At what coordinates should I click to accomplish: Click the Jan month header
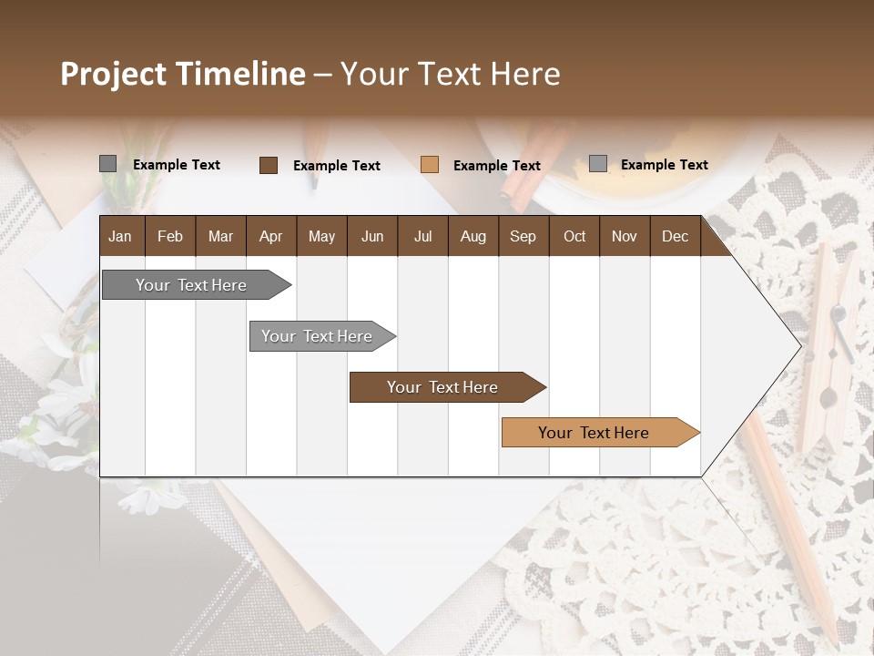click(x=121, y=237)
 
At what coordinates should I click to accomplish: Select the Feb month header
click(x=170, y=237)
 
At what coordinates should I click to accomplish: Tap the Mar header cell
click(x=220, y=237)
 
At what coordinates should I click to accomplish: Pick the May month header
click(x=321, y=237)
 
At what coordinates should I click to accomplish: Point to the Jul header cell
click(x=422, y=237)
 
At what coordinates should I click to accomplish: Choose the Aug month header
click(x=473, y=237)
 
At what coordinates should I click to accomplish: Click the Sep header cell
click(x=523, y=237)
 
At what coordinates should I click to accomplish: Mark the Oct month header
click(x=574, y=237)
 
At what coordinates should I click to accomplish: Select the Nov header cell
click(x=625, y=237)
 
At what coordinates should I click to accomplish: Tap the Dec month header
click(x=675, y=237)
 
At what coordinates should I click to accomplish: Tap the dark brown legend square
click(x=268, y=165)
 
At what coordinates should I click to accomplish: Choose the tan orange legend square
click(x=430, y=165)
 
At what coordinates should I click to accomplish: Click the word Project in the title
click(x=115, y=74)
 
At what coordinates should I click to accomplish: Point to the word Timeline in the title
click(x=241, y=74)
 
